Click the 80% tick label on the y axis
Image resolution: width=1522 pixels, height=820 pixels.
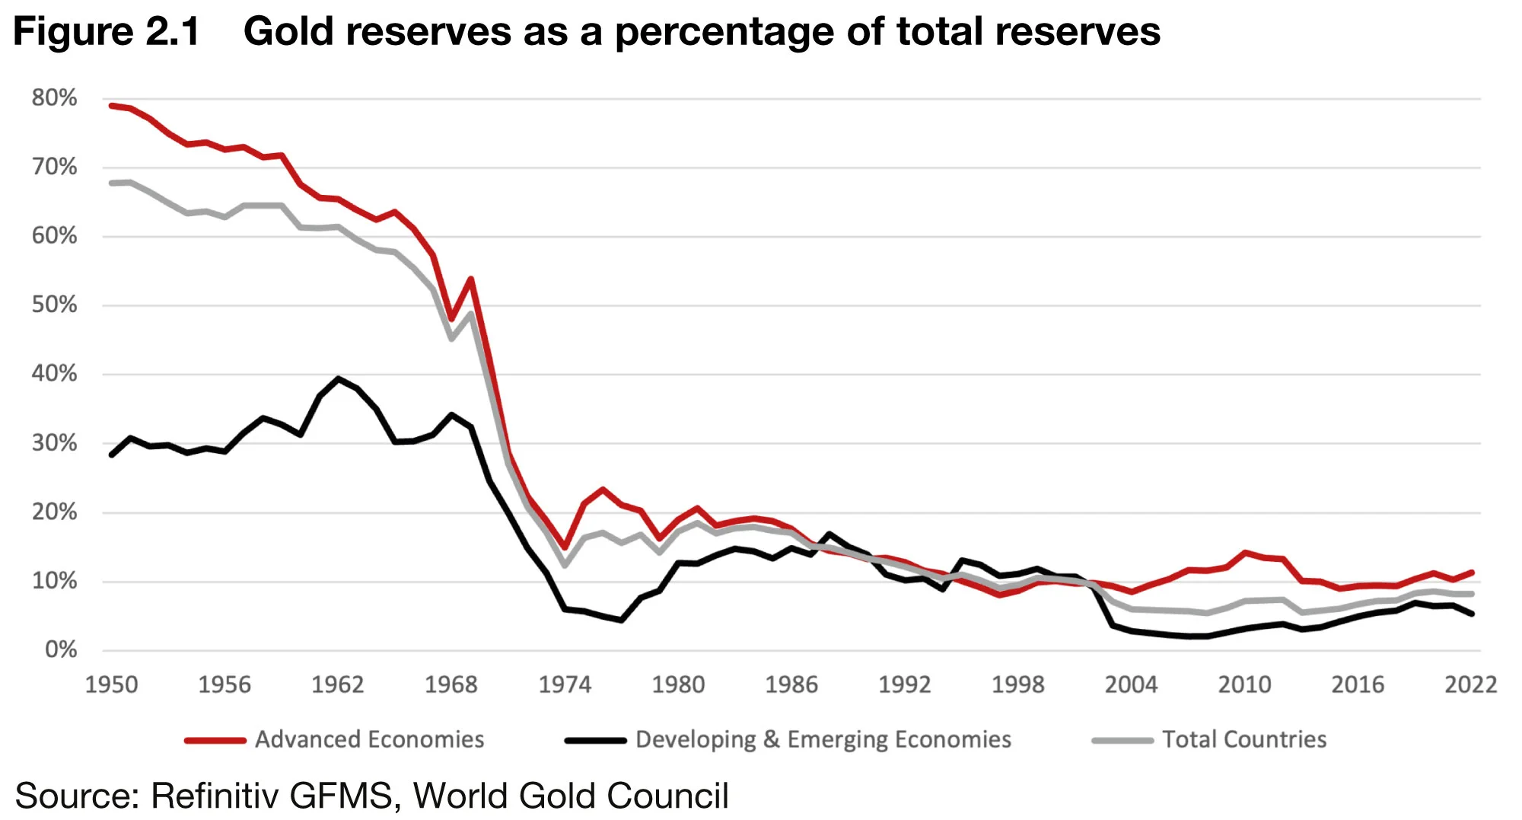click(54, 97)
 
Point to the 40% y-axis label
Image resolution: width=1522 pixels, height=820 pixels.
click(54, 373)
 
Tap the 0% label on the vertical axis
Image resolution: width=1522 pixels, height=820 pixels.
click(61, 649)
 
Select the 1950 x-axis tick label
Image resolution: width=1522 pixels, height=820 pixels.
click(111, 684)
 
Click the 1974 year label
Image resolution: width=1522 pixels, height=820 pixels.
click(565, 684)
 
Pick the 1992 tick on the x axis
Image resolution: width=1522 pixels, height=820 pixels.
click(905, 684)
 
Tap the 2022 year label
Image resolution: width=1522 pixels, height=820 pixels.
click(1470, 684)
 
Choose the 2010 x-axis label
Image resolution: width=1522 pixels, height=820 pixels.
click(1244, 684)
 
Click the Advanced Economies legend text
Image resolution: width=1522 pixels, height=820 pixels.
click(369, 739)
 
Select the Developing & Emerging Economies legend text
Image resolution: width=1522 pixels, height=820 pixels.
click(823, 739)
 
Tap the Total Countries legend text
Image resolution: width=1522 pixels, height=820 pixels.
click(1244, 739)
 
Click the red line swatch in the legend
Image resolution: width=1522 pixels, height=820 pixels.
click(215, 740)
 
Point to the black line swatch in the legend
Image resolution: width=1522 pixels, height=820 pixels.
click(595, 740)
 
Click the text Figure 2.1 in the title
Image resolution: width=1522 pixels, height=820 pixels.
click(107, 32)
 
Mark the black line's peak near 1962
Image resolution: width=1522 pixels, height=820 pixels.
click(338, 378)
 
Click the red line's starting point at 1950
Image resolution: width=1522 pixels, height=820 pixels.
click(112, 106)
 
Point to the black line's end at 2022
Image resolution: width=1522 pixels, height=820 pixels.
click(1472, 614)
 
